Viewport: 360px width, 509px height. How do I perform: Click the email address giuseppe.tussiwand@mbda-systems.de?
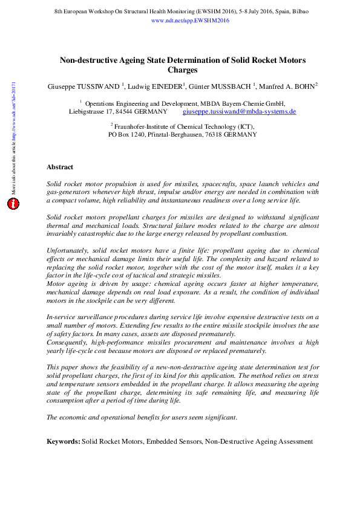click(x=239, y=112)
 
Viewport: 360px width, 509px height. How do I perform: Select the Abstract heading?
click(x=60, y=167)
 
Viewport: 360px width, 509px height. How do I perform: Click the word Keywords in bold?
click(x=63, y=442)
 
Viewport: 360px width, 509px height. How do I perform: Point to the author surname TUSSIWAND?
click(x=99, y=86)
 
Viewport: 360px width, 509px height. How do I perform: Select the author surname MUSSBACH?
click(x=231, y=86)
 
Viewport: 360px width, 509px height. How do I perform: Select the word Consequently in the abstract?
click(x=68, y=342)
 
